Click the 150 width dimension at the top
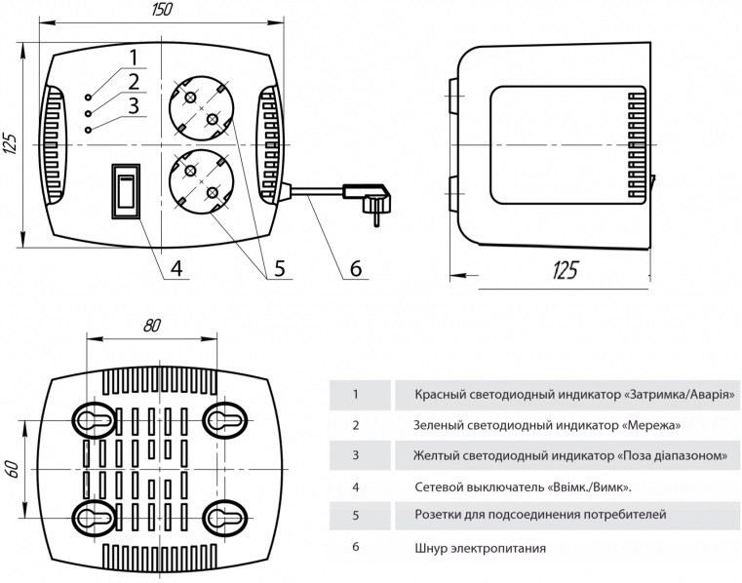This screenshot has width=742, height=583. click(x=161, y=11)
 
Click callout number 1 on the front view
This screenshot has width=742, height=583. click(x=134, y=58)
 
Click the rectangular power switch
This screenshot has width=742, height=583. click(x=125, y=191)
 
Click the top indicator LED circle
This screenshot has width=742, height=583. click(x=89, y=97)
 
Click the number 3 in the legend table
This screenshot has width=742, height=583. click(x=356, y=454)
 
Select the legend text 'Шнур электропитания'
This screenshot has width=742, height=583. click(x=477, y=547)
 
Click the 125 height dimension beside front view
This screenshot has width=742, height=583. click(x=11, y=144)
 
